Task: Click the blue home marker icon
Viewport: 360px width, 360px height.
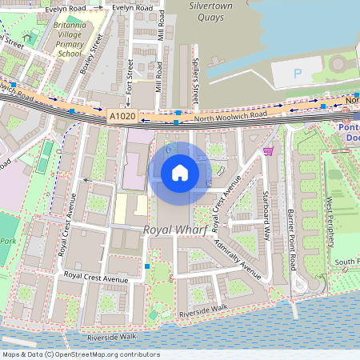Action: coord(180,172)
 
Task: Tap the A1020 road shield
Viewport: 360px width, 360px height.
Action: coord(122,117)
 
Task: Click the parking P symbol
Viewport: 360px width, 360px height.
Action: coord(298,74)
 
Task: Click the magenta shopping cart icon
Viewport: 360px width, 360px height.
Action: coord(269,150)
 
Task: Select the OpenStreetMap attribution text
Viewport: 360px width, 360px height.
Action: coord(81,354)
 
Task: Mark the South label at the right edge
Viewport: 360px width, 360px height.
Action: coord(346,262)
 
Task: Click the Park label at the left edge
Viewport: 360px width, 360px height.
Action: coord(8,241)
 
